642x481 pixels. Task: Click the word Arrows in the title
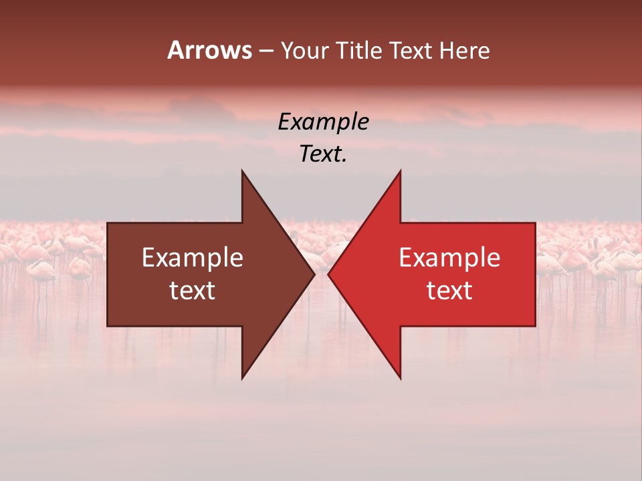209,50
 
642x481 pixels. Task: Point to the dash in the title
265,51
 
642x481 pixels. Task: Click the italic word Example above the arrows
323,122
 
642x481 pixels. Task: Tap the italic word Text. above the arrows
323,154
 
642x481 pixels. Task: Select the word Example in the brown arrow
193,258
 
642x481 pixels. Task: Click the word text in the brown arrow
193,291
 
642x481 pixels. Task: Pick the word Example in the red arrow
449,258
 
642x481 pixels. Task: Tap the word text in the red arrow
449,291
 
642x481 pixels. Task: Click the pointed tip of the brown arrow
314,274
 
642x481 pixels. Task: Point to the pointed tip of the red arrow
328,274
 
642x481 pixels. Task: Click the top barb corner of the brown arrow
242,170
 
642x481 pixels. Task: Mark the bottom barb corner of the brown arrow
242,378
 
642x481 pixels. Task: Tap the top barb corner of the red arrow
401,170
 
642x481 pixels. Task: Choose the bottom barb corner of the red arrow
401,378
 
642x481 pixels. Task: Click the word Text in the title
410,50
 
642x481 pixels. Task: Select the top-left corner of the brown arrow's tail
108,223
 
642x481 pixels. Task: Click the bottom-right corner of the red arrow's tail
535,326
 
